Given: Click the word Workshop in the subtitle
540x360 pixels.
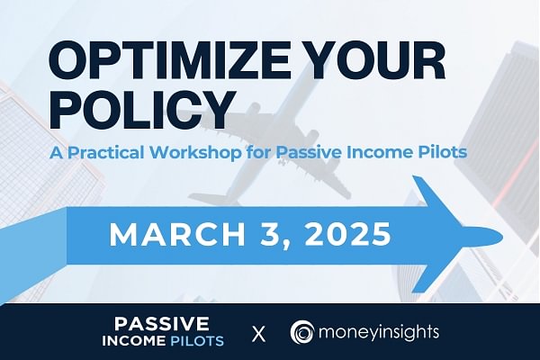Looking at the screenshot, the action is [195, 152].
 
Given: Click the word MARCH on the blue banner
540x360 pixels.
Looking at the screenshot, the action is [177, 234].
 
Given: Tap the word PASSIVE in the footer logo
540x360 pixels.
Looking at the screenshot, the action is [161, 323].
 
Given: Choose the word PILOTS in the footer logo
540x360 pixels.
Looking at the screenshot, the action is [197, 341].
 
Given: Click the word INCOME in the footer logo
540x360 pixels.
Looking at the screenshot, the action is [133, 341].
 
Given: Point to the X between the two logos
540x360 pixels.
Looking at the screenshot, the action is [258, 334].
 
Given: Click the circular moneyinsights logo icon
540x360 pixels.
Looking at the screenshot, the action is [302, 332].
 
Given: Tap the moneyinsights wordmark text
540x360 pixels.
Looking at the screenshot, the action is [379, 332].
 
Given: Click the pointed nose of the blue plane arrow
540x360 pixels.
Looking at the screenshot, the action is [502, 237].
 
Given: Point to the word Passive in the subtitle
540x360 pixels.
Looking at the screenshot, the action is [310, 152].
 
